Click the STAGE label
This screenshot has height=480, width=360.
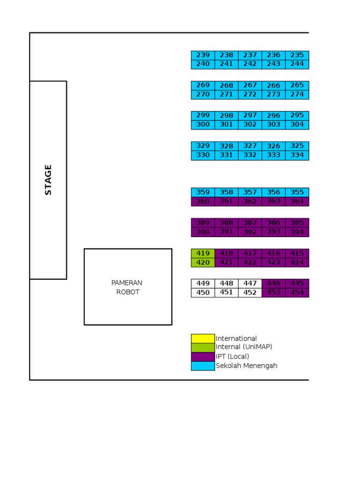point(48,180)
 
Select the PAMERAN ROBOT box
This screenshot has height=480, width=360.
point(128,287)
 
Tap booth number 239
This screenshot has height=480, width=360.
point(203,55)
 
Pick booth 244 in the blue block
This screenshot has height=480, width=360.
point(297,64)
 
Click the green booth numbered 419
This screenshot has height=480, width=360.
point(203,254)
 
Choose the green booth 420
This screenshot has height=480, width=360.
point(203,262)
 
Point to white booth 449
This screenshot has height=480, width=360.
point(203,284)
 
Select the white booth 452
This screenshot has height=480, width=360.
point(250,293)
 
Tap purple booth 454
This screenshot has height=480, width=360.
point(297,293)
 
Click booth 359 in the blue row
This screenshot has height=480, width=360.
point(203,192)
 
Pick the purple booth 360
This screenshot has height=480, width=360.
point(203,202)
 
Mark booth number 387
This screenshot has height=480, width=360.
point(250,223)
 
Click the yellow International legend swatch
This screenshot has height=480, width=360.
point(202,338)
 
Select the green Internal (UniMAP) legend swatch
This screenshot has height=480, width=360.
point(202,347)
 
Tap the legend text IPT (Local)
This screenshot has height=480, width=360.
point(232,357)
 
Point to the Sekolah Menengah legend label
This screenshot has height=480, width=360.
point(247,366)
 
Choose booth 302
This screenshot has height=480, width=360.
point(250,125)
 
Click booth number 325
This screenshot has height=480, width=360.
point(297,146)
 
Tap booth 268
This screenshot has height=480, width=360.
point(226,85)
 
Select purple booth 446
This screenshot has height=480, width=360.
point(274,284)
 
